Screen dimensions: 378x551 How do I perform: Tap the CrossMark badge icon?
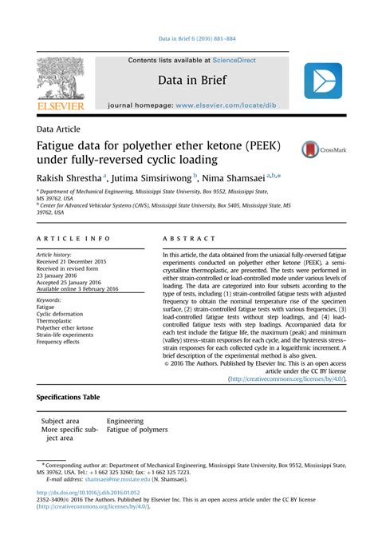click(x=310, y=149)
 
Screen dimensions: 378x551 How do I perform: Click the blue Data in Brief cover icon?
click(x=323, y=81)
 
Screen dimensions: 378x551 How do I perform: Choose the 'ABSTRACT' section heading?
click(x=189, y=239)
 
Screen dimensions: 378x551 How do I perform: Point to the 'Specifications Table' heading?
click(x=69, y=396)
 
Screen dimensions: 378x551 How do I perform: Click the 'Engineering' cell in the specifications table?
click(x=125, y=420)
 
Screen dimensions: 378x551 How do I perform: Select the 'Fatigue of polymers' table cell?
click(x=137, y=430)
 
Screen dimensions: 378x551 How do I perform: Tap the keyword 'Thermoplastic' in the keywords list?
click(x=57, y=321)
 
